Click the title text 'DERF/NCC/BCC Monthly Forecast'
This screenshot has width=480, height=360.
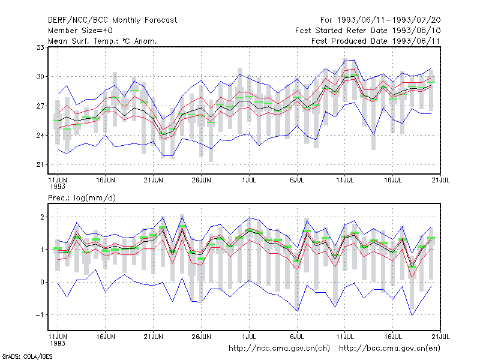(112, 20)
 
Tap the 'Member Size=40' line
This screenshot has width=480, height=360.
(80, 31)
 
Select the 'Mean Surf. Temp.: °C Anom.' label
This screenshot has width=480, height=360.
(102, 41)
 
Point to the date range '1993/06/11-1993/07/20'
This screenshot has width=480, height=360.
(389, 20)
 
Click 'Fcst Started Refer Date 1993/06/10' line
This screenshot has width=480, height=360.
(368, 31)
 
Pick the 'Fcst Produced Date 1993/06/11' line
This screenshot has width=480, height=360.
(376, 41)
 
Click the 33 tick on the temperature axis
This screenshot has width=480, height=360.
(40, 47)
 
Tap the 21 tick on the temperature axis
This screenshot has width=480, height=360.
(40, 164)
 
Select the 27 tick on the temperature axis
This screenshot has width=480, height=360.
(40, 106)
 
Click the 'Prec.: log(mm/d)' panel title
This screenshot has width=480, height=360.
(82, 198)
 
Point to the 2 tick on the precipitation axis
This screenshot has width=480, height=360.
(42, 217)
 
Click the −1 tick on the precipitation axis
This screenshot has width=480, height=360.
(40, 315)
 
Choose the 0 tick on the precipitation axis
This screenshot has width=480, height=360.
(42, 282)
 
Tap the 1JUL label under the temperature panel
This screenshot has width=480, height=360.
(249, 181)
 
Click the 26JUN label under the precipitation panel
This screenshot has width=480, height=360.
(202, 337)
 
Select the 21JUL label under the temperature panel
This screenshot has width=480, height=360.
(440, 181)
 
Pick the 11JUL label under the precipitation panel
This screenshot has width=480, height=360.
(345, 337)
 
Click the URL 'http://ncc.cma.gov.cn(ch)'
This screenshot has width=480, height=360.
(279, 349)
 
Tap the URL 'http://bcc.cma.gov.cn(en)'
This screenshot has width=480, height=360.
(389, 349)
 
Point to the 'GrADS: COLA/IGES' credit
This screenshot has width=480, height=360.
(27, 356)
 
